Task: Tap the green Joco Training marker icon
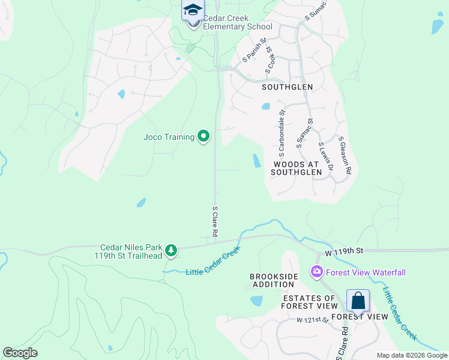pos(203,137)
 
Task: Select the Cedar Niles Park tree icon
pos(171,250)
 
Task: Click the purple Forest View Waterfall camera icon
pos(316,272)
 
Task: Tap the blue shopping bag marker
pos(358,301)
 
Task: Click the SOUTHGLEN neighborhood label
pos(288,87)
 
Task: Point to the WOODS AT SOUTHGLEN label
pos(297,168)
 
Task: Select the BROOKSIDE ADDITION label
pos(274,280)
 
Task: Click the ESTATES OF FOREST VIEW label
pos(309,302)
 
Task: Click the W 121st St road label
pos(312,320)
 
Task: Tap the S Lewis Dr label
pos(325,157)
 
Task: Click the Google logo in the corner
pos(20,353)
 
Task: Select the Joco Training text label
pos(169,137)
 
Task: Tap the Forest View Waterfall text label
pos(366,272)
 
